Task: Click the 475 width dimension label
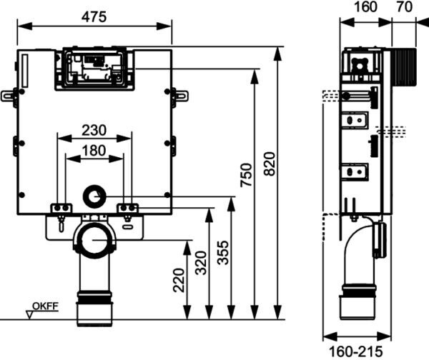tap(94, 17)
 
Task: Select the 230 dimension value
tap(94, 130)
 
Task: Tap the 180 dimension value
tap(94, 150)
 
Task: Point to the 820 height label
tap(270, 164)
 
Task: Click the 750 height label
tap(246, 175)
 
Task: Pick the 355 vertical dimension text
tap(222, 253)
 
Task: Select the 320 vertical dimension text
tap(201, 263)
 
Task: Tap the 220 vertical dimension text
tap(179, 281)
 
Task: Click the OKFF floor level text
tap(46, 306)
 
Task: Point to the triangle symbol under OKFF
tap(29, 314)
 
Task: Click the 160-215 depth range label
tap(355, 351)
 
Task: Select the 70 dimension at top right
tap(404, 6)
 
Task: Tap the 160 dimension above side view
tap(365, 6)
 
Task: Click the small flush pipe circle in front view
tap(94, 196)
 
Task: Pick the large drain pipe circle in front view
tap(94, 240)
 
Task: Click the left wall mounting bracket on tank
tap(9, 96)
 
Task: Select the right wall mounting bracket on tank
tap(179, 96)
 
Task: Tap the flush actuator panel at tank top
tap(94, 69)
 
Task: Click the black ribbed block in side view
tap(404, 67)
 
